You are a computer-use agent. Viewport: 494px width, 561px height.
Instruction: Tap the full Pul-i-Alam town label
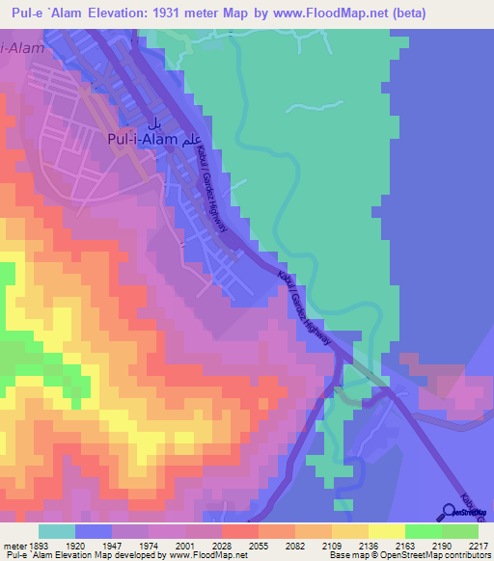pos(141,139)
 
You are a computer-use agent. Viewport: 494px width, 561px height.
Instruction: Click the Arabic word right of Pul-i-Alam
pos(196,138)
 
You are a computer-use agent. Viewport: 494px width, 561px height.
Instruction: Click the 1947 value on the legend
pos(125,544)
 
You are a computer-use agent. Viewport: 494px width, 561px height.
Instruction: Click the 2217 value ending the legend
pos(478,544)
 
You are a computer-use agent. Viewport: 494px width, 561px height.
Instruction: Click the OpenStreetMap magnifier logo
pos(448,512)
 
